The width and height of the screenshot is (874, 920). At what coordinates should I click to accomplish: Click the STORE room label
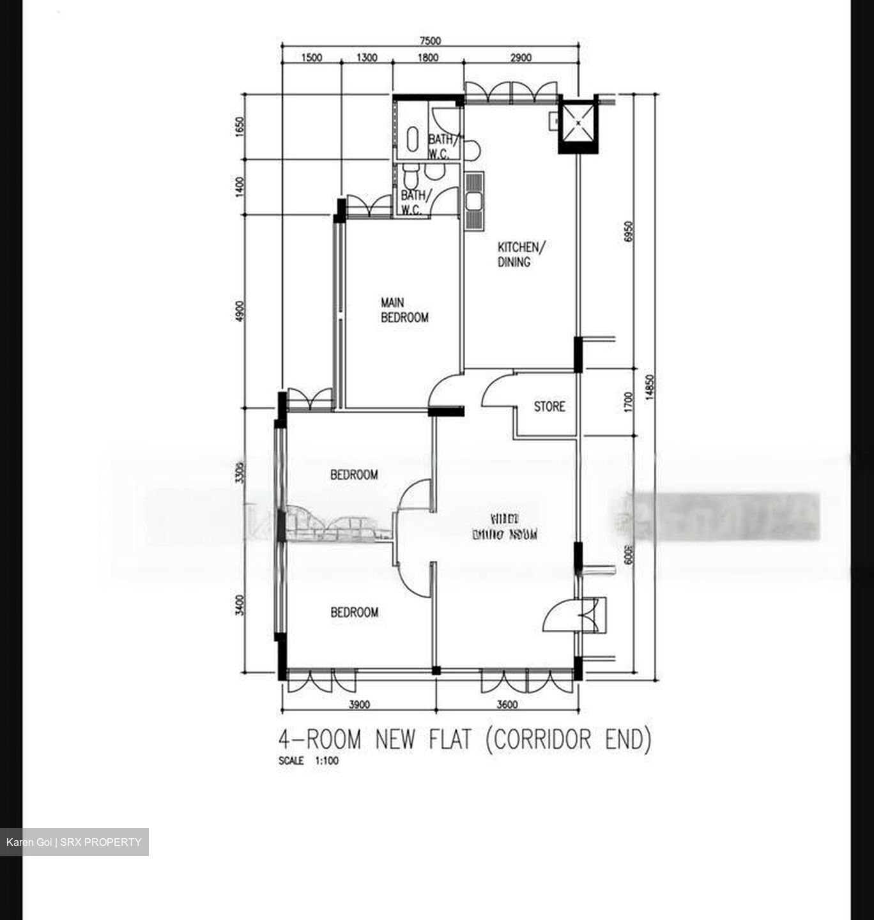coord(549,406)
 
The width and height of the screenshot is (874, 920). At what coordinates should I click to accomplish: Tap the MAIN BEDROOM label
coord(404,310)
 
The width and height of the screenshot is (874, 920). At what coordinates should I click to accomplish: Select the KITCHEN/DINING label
coord(522,254)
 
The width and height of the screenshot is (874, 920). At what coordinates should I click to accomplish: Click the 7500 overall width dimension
coord(430,42)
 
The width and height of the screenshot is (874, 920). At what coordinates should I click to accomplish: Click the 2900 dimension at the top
coord(521,58)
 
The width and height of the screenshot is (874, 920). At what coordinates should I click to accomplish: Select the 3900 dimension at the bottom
coord(360,705)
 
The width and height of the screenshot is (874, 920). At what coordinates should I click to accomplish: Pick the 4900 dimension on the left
coord(240,312)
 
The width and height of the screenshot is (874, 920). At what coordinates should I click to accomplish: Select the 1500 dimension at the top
coord(310,58)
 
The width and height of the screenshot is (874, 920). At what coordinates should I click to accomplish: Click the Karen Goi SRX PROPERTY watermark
coord(73,842)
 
